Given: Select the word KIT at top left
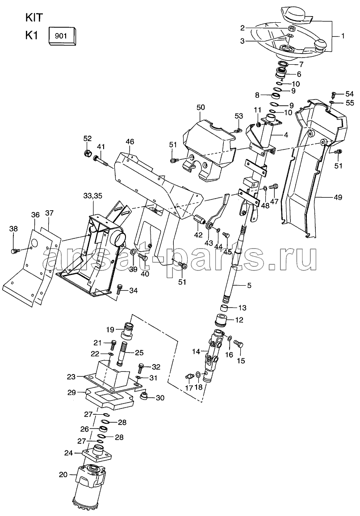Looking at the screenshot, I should (33, 17).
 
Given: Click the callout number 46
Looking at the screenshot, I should (130, 142).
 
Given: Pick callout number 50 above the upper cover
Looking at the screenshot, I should (201, 107).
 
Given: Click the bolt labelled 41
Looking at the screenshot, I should (102, 158).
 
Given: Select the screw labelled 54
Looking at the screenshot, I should (334, 94).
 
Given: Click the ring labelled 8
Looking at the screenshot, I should (277, 96).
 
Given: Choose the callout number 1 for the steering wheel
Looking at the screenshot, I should (343, 36).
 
